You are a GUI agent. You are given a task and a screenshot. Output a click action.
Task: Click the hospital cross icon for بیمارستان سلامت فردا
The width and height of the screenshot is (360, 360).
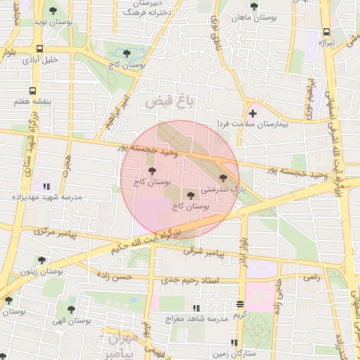coord(252,113)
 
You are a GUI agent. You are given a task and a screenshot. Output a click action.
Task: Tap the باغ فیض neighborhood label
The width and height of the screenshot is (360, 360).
coord(169,103)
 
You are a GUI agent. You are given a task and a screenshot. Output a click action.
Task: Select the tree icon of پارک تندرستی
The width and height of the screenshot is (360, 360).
coord(224,179)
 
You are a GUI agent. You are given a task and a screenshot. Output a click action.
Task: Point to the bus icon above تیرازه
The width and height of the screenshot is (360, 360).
coord(326,32)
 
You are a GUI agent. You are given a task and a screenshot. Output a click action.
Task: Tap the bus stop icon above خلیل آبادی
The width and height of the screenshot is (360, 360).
coord(39,49)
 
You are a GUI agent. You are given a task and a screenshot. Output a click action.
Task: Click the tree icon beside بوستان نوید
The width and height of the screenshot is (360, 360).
coord(53,11)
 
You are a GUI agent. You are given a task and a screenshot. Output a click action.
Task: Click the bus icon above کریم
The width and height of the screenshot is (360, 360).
coord(240,304)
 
